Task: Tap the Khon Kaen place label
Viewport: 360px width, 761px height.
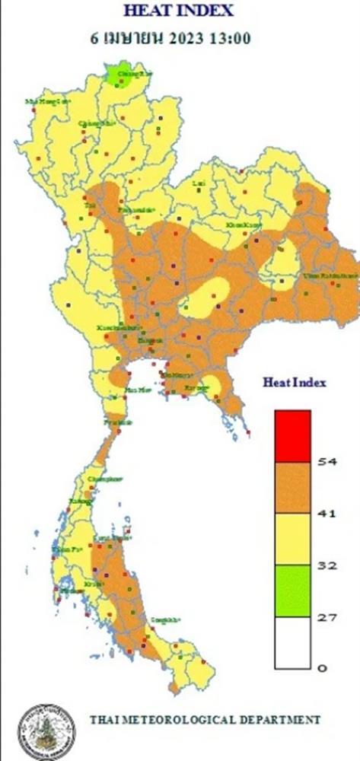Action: click(243, 226)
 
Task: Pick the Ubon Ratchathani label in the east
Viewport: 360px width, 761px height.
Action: click(329, 275)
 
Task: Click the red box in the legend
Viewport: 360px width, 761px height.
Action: click(292, 435)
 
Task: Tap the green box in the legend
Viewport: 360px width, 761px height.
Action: click(292, 591)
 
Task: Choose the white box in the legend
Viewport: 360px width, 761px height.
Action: click(292, 643)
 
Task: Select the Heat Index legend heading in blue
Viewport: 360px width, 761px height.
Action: click(295, 383)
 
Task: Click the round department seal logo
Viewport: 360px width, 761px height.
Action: click(46, 731)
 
